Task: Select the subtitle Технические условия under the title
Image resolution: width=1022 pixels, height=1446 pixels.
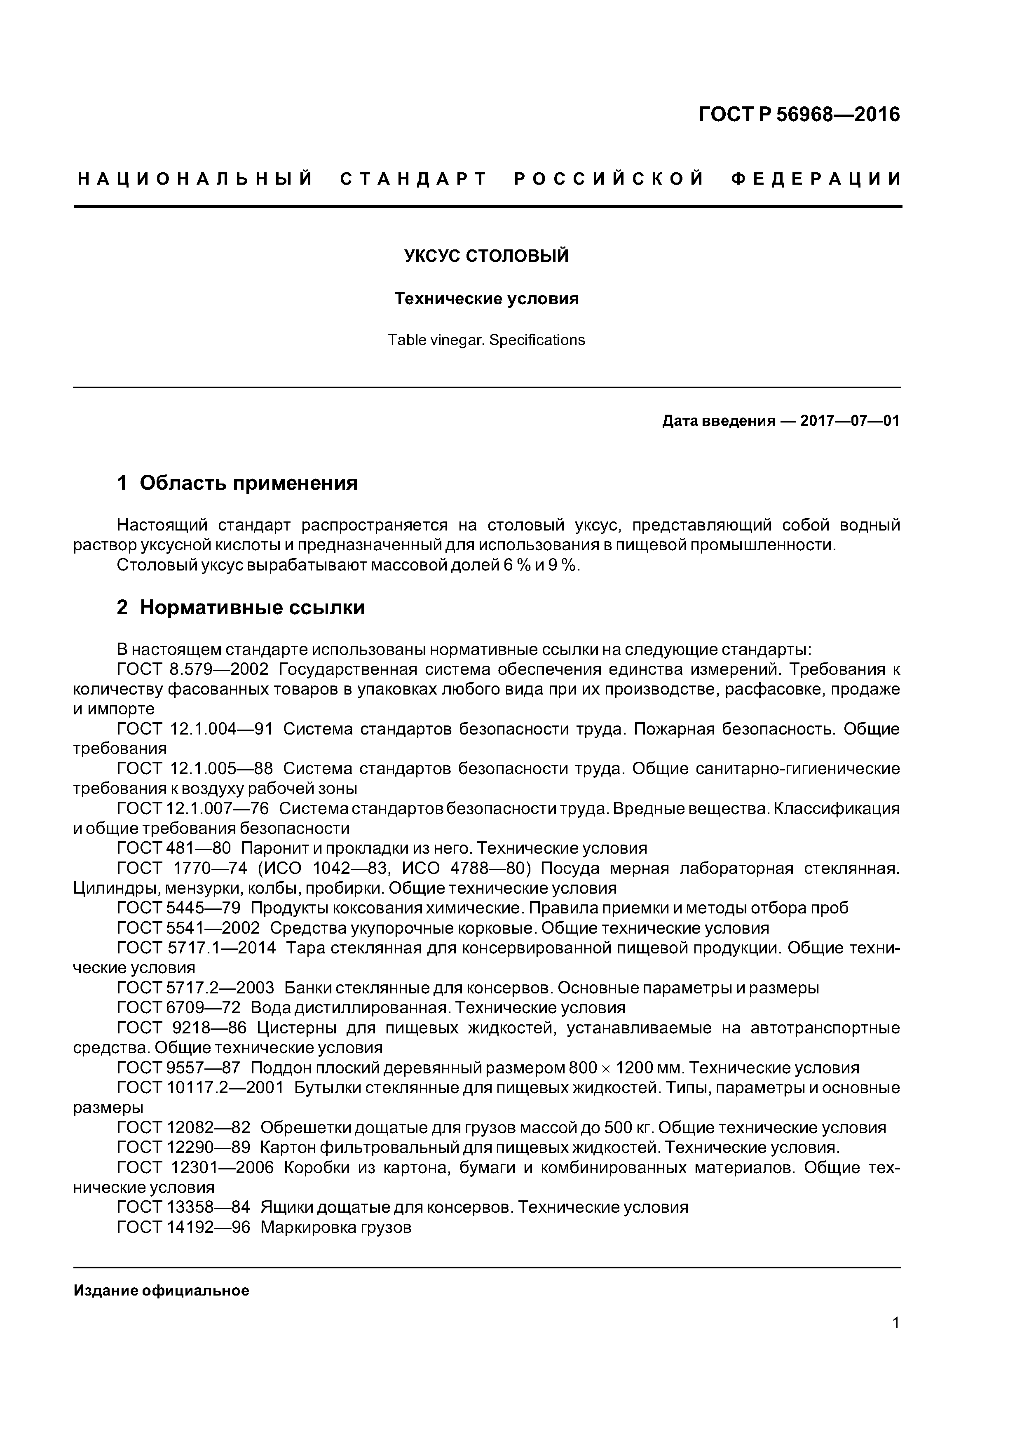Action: click(486, 298)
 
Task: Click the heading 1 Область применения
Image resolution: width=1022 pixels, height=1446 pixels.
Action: click(237, 483)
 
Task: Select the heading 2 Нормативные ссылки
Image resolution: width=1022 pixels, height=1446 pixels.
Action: click(241, 607)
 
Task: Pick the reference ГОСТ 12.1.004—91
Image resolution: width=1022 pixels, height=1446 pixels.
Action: click(195, 729)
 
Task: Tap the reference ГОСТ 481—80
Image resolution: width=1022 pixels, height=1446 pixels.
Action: click(174, 848)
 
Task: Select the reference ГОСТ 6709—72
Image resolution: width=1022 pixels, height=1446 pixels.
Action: click(179, 1008)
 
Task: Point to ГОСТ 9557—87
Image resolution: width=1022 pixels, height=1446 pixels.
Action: click(179, 1068)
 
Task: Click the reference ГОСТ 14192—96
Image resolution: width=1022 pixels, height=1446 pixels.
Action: click(183, 1228)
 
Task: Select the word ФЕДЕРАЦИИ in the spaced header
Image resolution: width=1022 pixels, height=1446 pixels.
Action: click(817, 179)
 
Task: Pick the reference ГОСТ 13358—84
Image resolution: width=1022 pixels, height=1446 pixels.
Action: click(183, 1207)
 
